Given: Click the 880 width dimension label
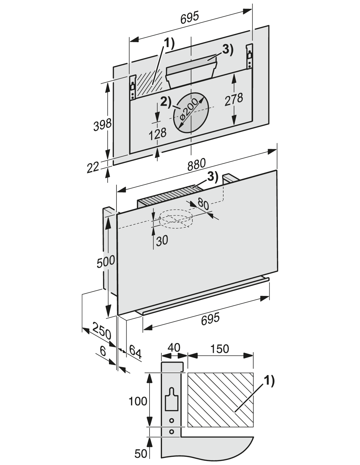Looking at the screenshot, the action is point(196,164).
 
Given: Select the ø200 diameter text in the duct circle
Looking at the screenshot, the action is point(189,113).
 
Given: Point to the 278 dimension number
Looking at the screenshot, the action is point(234,99).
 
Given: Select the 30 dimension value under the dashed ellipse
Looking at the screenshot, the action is point(162,241).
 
